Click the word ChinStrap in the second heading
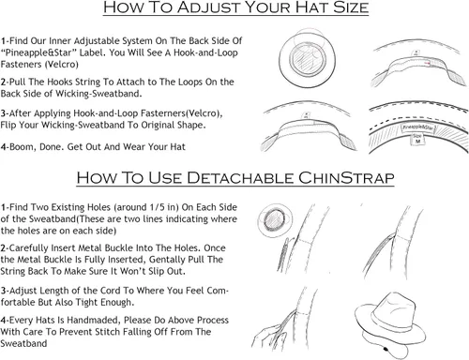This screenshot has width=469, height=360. (346, 178)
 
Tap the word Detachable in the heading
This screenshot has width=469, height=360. (240, 178)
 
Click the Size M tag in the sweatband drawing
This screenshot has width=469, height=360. (417, 139)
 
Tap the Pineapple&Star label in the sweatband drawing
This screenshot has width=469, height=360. (417, 127)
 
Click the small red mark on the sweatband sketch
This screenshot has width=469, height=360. (427, 64)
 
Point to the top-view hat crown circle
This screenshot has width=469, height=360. (308, 60)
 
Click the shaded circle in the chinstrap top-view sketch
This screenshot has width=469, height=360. (275, 218)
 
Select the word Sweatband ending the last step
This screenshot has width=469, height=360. (23, 343)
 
